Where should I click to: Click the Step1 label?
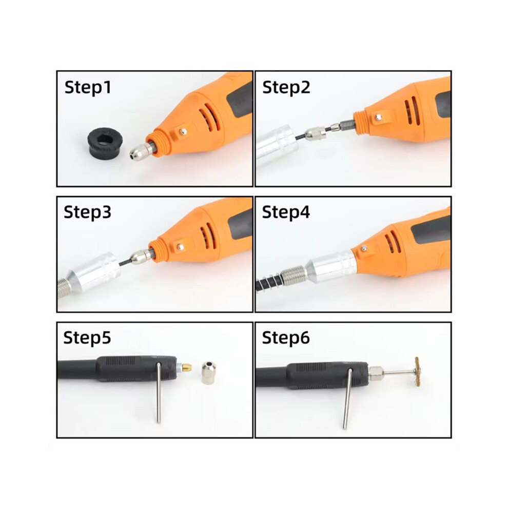(88, 88)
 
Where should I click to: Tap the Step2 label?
(286, 88)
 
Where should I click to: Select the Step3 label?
(87, 212)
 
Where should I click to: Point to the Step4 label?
(286, 212)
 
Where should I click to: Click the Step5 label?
(87, 338)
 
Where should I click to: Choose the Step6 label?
(286, 338)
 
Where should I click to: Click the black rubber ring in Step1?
(106, 142)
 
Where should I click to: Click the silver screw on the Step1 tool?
(184, 131)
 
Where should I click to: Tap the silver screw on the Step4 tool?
(364, 248)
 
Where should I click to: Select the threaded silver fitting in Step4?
(293, 276)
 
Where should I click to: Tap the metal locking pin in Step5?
(159, 393)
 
